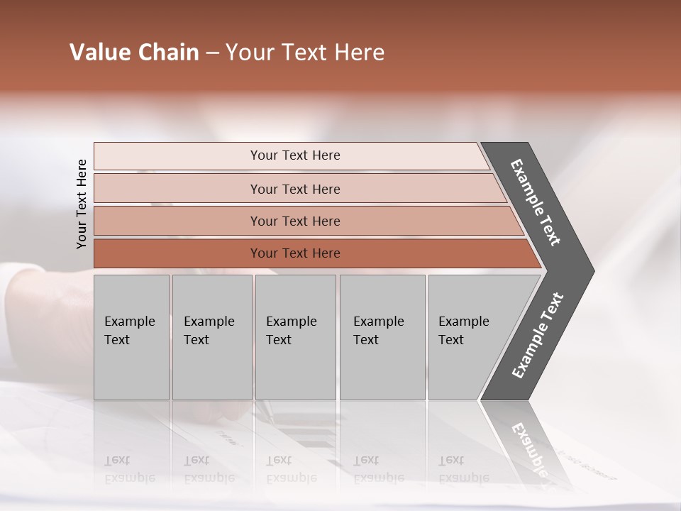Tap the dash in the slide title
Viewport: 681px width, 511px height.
coord(212,53)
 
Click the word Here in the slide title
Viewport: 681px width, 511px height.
coord(359,53)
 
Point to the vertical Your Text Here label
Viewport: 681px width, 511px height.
coord(82,204)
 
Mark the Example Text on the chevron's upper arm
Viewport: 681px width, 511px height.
coord(536,202)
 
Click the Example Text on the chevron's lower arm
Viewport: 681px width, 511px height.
coord(538,336)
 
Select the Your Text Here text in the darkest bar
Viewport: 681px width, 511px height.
coord(295,253)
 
